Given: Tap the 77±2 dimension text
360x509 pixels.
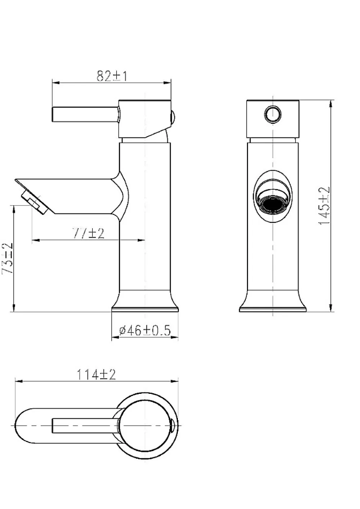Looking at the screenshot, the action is point(89,233).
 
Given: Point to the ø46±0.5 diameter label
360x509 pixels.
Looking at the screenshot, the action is point(145,330).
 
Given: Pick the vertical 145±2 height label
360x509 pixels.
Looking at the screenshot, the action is point(325,206).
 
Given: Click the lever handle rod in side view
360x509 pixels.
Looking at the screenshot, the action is point(85,114).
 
